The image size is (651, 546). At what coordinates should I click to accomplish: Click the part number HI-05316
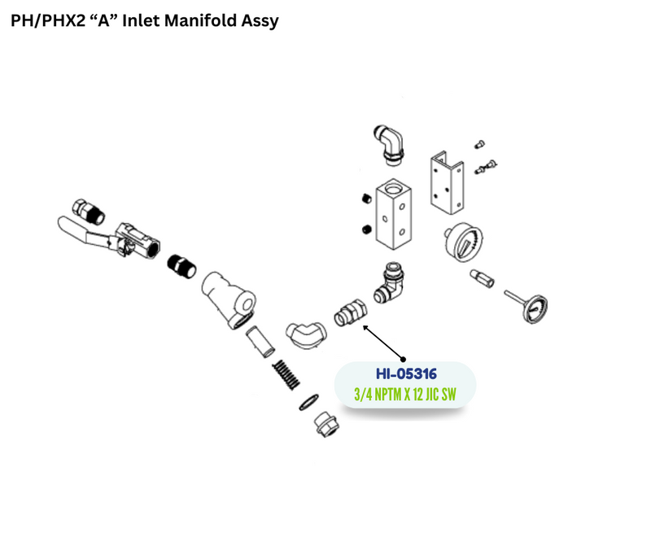[406, 373]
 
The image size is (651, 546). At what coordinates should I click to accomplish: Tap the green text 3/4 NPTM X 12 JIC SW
[405, 395]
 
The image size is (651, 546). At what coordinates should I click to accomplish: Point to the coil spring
[286, 374]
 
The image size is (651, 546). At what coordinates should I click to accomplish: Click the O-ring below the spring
[309, 402]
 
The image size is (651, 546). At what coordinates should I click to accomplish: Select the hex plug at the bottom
[327, 425]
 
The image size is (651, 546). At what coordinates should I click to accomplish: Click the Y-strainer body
[229, 299]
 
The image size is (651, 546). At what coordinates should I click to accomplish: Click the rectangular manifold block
[394, 214]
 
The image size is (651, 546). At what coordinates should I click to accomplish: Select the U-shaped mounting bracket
[447, 183]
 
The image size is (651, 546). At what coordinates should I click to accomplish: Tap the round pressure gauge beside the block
[464, 242]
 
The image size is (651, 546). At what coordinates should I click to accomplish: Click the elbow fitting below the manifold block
[390, 283]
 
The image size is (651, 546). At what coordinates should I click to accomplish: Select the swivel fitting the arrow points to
[351, 313]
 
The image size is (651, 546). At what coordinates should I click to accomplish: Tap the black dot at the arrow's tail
[403, 360]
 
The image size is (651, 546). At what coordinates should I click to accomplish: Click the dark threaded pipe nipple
[181, 266]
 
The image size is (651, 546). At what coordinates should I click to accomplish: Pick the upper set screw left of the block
[366, 199]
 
